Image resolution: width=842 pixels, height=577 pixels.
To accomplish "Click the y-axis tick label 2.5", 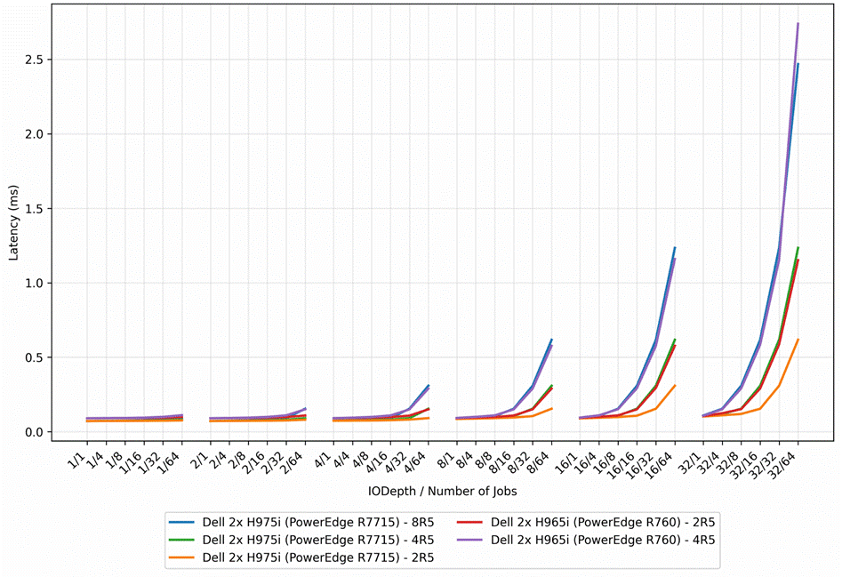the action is (x=35, y=60).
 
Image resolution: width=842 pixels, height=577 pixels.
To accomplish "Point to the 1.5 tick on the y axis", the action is (x=35, y=209).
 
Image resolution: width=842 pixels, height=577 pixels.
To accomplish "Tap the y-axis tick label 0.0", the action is (x=35, y=432).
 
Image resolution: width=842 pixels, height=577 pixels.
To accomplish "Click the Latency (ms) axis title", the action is (x=13, y=223).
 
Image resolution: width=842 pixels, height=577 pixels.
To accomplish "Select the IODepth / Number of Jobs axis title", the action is (x=443, y=491).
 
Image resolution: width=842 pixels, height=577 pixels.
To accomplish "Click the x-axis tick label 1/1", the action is (x=76, y=461).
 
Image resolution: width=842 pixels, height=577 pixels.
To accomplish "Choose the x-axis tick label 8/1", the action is (x=446, y=461).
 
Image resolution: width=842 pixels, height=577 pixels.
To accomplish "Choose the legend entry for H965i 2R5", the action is (x=587, y=522).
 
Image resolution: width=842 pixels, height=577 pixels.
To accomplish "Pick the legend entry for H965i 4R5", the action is (x=587, y=540).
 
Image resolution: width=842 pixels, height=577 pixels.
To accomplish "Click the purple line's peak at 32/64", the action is (x=798, y=23).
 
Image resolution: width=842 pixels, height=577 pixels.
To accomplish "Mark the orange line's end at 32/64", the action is (x=798, y=340).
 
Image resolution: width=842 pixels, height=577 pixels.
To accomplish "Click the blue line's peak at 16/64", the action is (x=675, y=247).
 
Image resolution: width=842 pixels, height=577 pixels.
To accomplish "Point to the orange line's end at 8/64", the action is (x=551, y=408).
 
